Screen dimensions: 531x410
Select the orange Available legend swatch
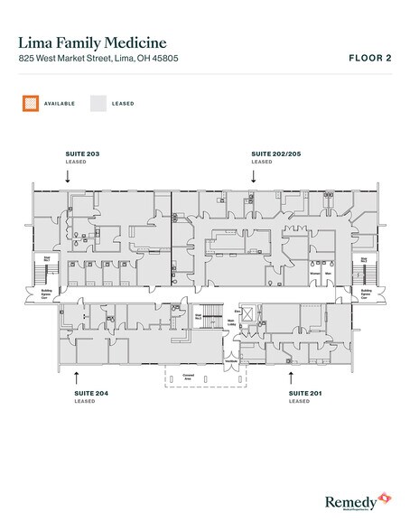pyautogui.click(x=31, y=104)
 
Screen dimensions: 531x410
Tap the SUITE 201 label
pyautogui.click(x=303, y=395)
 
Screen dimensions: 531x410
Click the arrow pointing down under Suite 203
pyautogui.click(x=68, y=178)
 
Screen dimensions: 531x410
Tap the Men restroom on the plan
pyautogui.click(x=330, y=272)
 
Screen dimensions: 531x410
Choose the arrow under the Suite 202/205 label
pyautogui.click(x=254, y=178)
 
